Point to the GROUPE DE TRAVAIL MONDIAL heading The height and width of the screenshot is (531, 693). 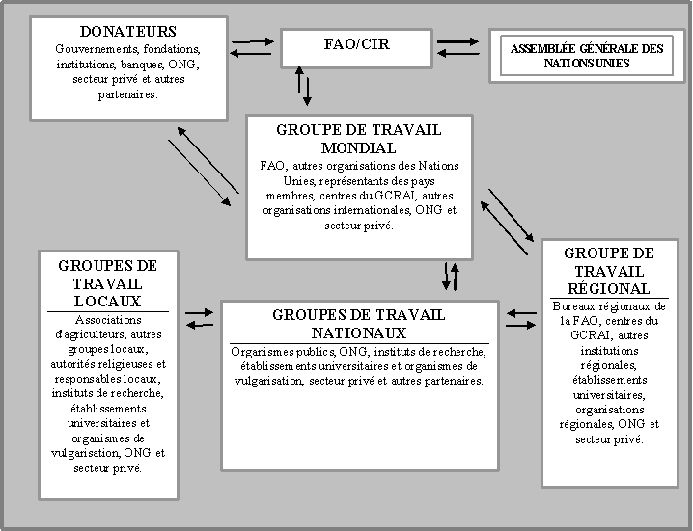358,139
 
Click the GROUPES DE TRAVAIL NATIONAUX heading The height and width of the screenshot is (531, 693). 358,323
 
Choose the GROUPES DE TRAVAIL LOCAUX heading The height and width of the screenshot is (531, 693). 107,283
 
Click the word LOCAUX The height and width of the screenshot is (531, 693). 107,302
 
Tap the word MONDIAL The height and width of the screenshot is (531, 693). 358,148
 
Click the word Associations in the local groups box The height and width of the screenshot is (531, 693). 107,320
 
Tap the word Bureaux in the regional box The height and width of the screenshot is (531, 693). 578,305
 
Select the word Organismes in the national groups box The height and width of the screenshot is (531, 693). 263,352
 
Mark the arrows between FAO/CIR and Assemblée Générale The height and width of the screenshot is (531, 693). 457,47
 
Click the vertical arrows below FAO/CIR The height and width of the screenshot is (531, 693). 304,85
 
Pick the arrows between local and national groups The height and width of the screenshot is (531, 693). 200,318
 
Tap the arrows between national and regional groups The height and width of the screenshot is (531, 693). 521,318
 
